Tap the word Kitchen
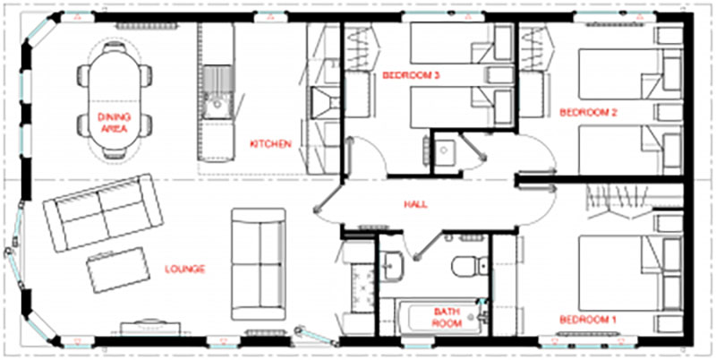(x=270, y=144)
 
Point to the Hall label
(x=415, y=204)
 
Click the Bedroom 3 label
(x=411, y=75)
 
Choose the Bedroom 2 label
(x=588, y=112)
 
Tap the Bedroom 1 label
(x=588, y=320)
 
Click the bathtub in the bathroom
(x=441, y=317)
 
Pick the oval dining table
(x=114, y=99)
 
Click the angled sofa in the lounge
(x=103, y=212)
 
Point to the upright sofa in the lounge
(x=258, y=263)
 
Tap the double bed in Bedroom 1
(x=630, y=273)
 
